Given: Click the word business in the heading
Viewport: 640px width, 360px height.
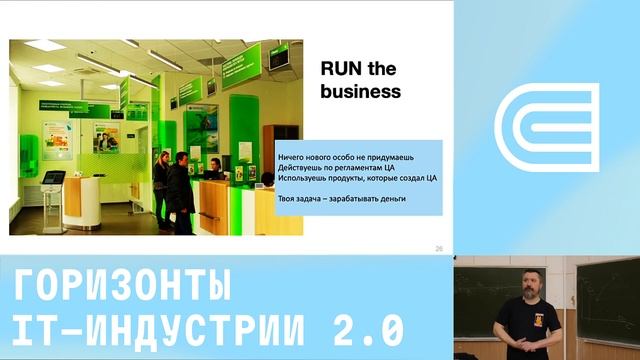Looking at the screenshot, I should coord(360,91).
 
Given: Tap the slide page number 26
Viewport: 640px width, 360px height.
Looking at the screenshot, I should coord(439,248).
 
